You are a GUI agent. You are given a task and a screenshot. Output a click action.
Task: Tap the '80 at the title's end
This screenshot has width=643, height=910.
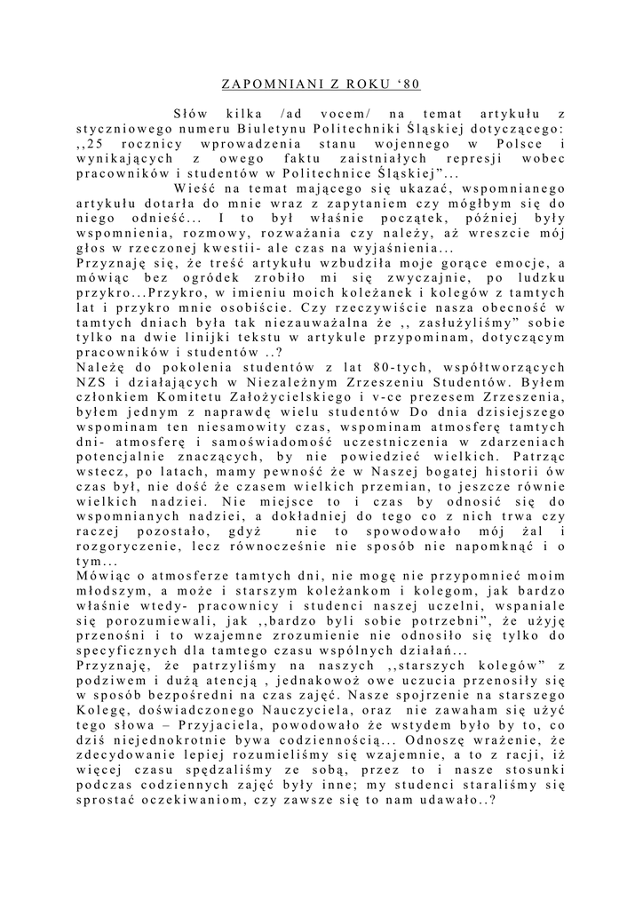(410, 85)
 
